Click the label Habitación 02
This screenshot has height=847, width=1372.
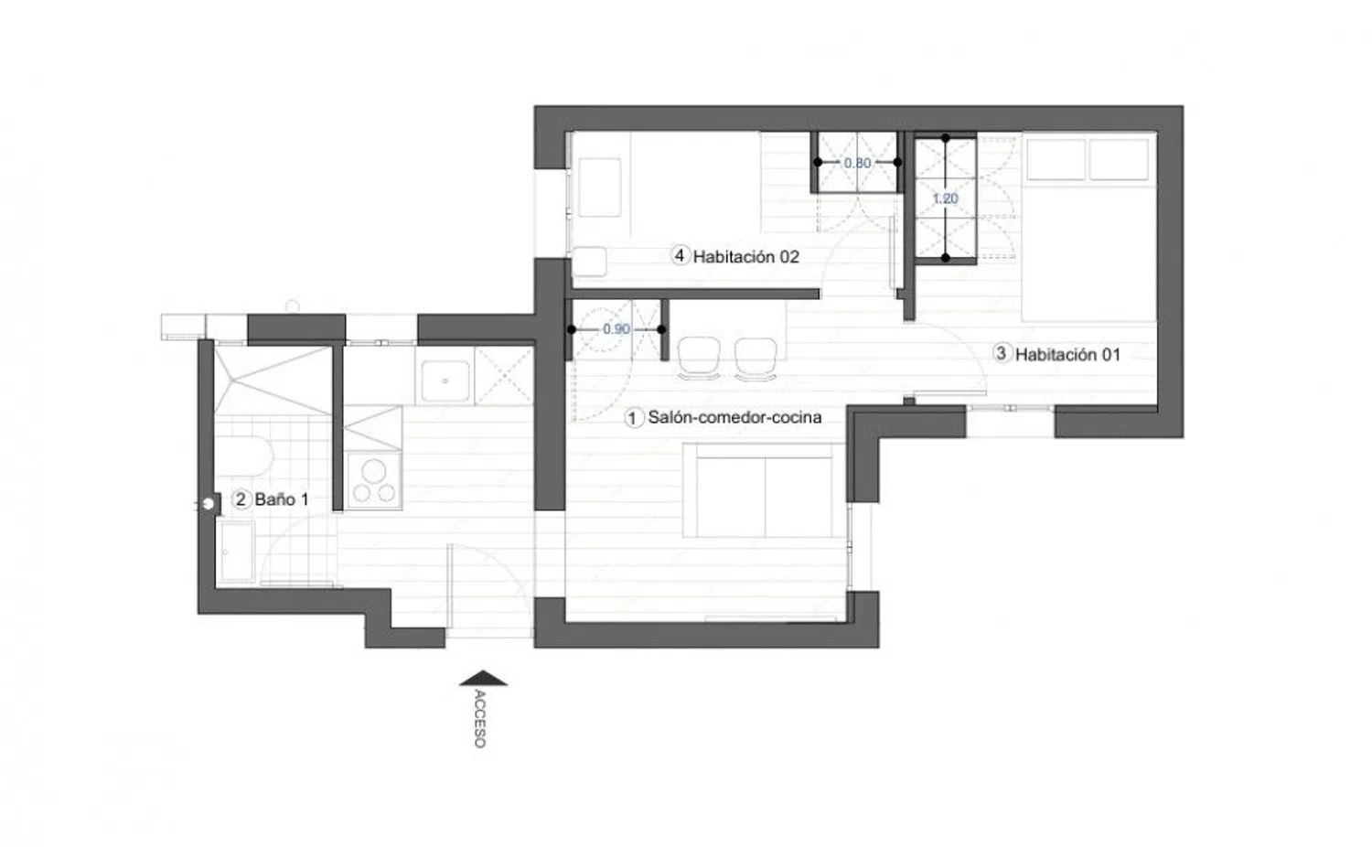click(x=745, y=257)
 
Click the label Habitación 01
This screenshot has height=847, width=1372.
click(x=1067, y=355)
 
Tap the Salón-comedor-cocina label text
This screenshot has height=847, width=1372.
click(x=734, y=418)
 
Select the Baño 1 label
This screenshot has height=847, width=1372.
click(x=282, y=499)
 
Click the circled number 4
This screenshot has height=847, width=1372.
click(x=680, y=256)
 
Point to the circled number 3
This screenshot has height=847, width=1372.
click(x=1002, y=354)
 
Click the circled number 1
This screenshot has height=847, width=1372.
click(x=634, y=418)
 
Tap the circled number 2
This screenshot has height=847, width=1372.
click(x=241, y=499)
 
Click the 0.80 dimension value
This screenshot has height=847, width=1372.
click(x=857, y=163)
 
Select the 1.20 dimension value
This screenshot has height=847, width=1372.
click(x=945, y=198)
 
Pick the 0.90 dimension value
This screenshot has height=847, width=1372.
click(x=616, y=329)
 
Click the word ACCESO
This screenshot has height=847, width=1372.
click(x=479, y=719)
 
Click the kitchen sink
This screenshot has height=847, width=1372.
click(x=444, y=381)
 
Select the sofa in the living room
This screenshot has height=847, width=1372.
click(x=764, y=490)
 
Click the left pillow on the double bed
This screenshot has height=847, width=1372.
click(x=1055, y=160)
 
